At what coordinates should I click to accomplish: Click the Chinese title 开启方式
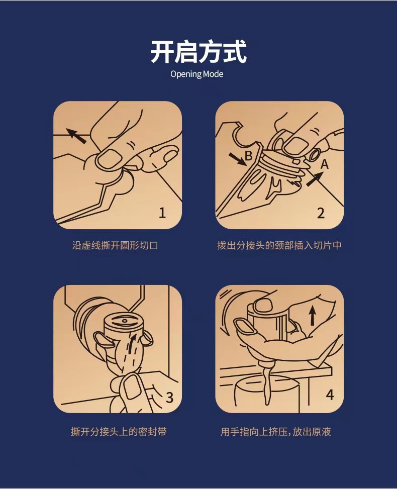tap(198, 51)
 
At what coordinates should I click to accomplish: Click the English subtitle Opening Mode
tap(197, 74)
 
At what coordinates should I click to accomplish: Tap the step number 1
tap(162, 213)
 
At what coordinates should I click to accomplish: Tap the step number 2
tap(321, 213)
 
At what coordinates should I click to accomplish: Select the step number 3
tap(170, 398)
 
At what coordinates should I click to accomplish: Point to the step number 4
tap(330, 395)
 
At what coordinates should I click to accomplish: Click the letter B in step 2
tap(249, 155)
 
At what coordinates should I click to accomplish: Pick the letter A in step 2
tap(324, 164)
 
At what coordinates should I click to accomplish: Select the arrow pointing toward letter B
tap(237, 159)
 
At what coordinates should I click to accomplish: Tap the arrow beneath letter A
tap(315, 179)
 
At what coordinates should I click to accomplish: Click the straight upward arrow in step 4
tap(312, 315)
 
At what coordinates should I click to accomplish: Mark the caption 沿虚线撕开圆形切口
tap(116, 245)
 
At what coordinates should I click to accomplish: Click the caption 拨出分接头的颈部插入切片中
tap(279, 245)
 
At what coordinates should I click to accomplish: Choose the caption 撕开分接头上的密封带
tap(119, 432)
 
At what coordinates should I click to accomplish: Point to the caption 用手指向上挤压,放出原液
tap(276, 432)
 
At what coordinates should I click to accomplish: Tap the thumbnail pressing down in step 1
tap(111, 157)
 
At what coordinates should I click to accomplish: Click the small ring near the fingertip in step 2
tap(315, 154)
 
